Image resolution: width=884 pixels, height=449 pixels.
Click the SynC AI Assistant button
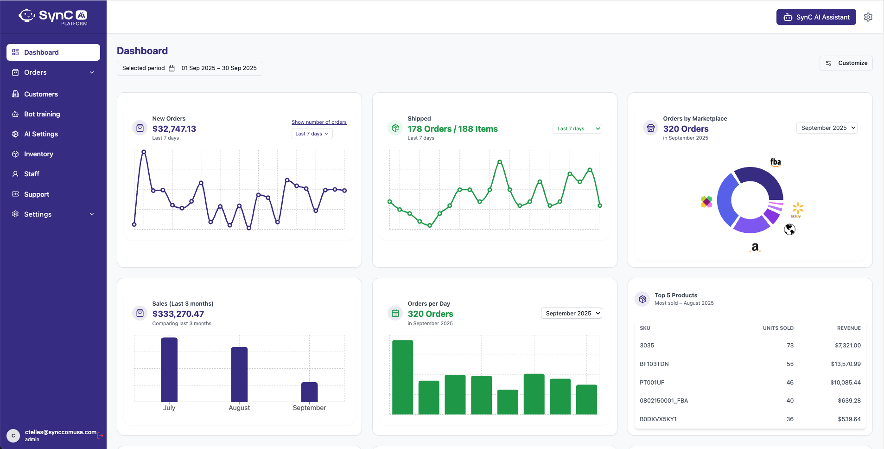click(x=816, y=17)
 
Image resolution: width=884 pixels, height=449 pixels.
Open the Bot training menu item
click(x=42, y=114)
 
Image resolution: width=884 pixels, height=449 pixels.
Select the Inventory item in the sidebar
click(x=38, y=154)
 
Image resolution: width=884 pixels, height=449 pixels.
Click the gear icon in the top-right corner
click(x=868, y=17)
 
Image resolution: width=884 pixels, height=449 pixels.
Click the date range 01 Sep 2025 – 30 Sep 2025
click(x=219, y=68)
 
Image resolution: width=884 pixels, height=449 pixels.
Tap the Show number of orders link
click(x=319, y=122)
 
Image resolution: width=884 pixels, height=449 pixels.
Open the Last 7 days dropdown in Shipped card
click(x=577, y=128)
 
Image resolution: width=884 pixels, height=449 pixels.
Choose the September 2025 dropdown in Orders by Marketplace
click(x=827, y=128)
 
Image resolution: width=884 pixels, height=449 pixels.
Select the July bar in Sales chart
click(x=169, y=369)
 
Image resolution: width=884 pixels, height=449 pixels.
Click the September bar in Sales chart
click(x=309, y=392)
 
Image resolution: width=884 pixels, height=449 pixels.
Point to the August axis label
click(x=239, y=408)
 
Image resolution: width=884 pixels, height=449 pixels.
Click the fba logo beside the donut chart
click(x=776, y=162)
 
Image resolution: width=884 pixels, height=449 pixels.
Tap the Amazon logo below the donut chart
click(x=755, y=247)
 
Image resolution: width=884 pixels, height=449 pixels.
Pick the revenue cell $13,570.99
click(x=846, y=364)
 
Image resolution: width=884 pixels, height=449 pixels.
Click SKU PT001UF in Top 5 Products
click(x=652, y=383)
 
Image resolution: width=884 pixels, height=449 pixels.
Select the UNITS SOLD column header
click(x=778, y=328)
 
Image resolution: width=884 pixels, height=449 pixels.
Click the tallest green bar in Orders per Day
click(x=402, y=377)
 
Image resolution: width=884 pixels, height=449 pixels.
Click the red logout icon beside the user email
click(x=100, y=436)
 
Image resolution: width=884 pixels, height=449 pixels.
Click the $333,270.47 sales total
click(x=178, y=314)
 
